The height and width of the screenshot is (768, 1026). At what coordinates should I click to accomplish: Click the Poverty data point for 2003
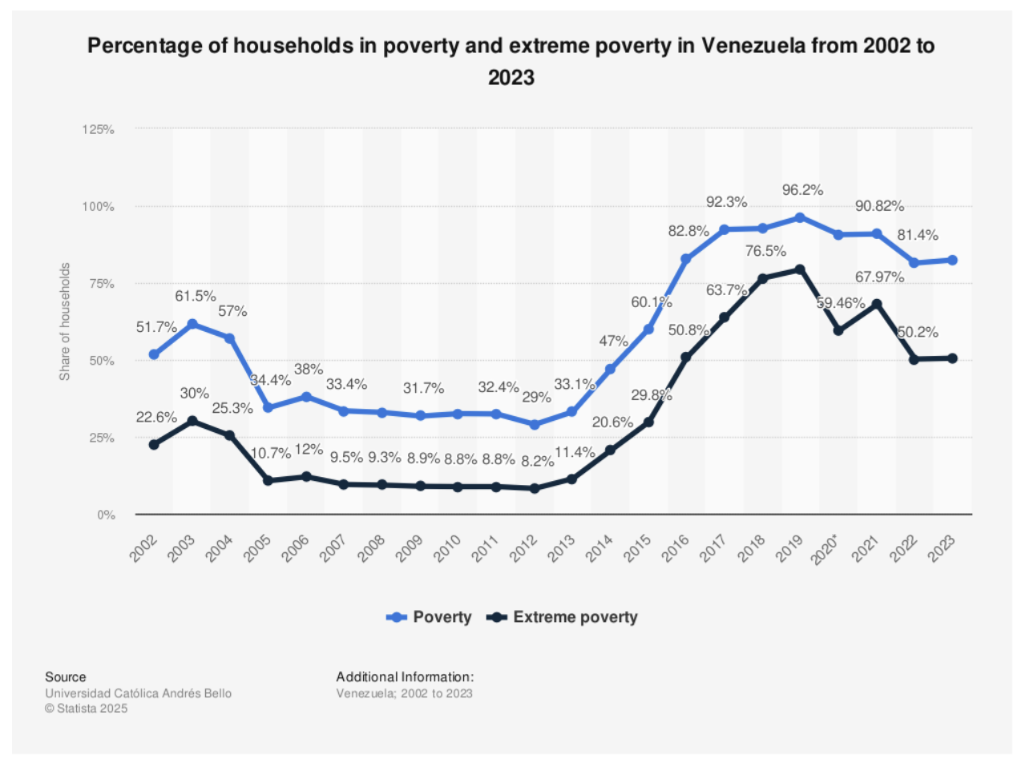tap(192, 324)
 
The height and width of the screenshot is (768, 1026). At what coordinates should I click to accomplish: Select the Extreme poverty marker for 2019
tap(800, 269)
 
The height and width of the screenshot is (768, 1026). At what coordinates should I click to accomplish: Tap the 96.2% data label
tap(802, 190)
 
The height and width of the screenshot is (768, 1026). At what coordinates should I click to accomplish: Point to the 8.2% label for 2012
tap(537, 461)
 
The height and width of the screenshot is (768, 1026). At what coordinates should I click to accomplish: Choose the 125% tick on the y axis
tap(99, 129)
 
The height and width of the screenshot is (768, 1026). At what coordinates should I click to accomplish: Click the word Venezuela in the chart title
tap(753, 46)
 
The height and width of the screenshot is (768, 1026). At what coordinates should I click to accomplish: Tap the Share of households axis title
tap(65, 321)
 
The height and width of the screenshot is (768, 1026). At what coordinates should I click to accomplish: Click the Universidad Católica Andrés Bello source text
tap(138, 693)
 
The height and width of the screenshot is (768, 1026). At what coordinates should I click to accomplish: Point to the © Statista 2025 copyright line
tap(86, 708)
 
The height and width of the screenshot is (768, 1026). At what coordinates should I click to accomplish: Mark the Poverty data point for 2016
tap(686, 259)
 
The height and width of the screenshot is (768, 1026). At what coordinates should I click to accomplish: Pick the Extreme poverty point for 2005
tap(268, 480)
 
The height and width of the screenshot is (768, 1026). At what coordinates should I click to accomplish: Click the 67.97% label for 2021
tap(879, 277)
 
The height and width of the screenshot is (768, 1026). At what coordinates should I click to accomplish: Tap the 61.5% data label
tap(196, 297)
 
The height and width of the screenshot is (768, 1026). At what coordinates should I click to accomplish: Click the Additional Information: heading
tap(405, 677)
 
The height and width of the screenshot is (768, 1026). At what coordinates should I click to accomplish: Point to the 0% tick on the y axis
tap(107, 515)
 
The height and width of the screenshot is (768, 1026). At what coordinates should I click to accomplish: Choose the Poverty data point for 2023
tap(952, 260)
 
